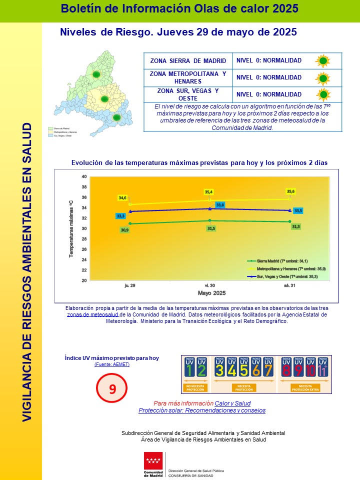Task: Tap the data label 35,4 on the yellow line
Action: click(209, 192)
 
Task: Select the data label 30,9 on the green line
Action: click(124, 230)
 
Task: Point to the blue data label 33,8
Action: click(220, 205)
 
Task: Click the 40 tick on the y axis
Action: click(83, 177)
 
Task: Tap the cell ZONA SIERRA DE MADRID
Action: click(188, 61)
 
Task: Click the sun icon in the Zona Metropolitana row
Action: click(323, 78)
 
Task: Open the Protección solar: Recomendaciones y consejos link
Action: click(202, 410)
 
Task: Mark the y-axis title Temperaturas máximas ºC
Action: click(71, 228)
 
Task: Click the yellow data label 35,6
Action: click(290, 191)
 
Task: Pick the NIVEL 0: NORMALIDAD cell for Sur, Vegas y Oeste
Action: click(269, 94)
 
